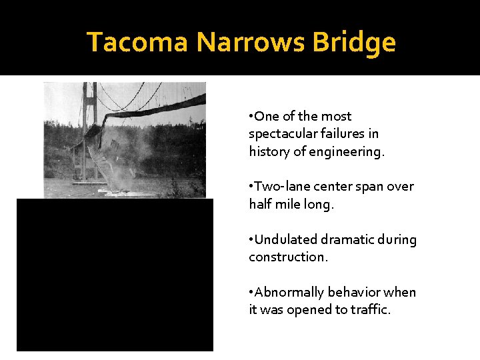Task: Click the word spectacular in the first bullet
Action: pos(282,133)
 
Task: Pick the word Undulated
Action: pos(287,239)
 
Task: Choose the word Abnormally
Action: pos(290,292)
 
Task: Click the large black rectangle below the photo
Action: pos(115,275)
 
